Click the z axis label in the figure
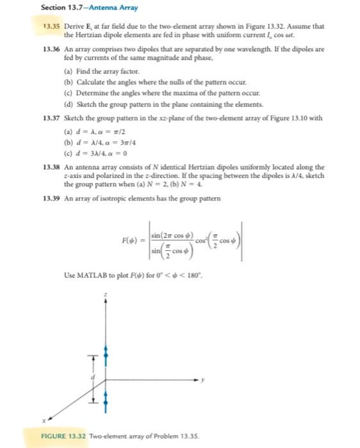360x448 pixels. point(106,294)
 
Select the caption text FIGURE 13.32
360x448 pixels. point(67,435)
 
